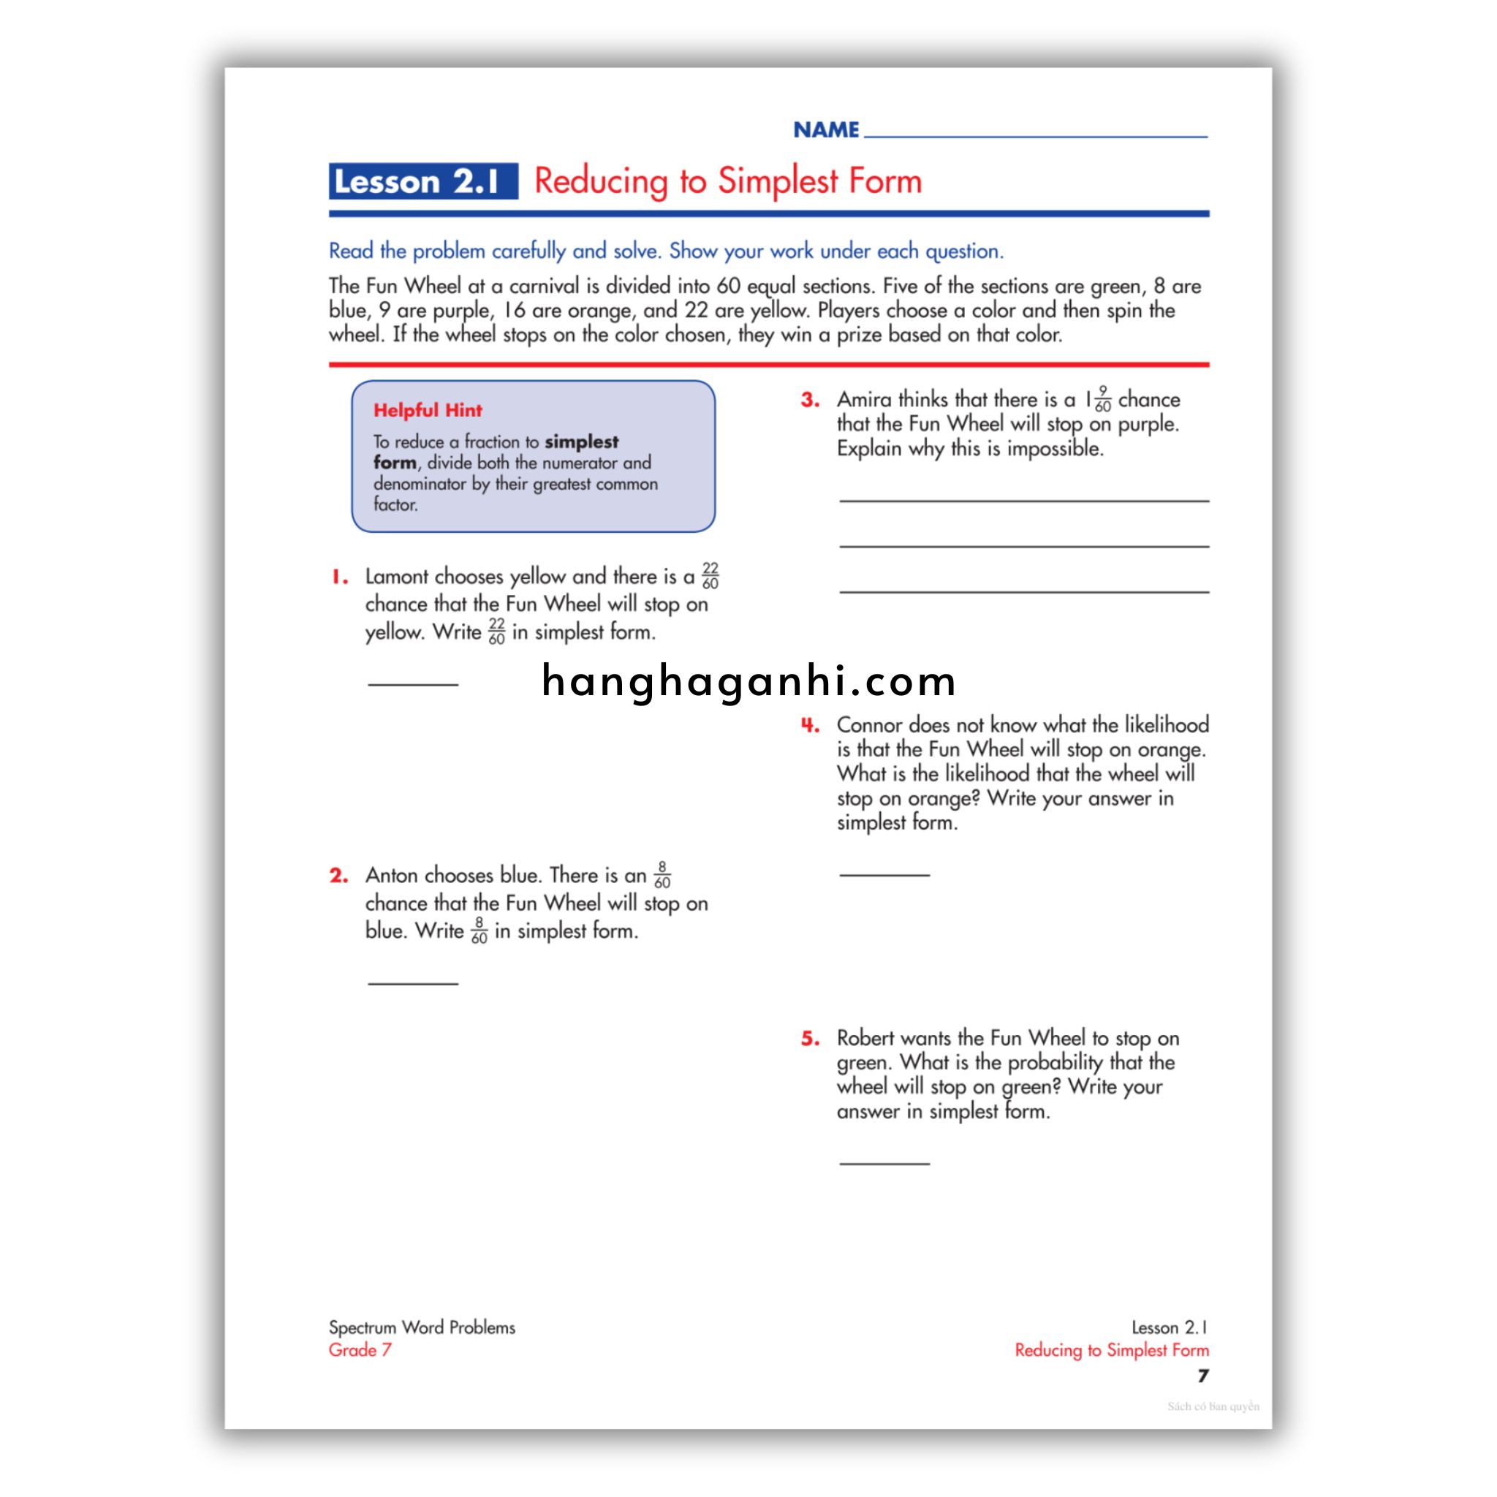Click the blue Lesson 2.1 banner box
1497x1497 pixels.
click(x=422, y=181)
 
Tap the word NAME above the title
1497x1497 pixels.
click(x=826, y=129)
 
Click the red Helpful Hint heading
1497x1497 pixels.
click(x=427, y=410)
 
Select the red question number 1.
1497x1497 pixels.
click(x=339, y=577)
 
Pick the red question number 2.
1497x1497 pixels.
click(x=338, y=876)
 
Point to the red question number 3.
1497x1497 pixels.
click(x=810, y=400)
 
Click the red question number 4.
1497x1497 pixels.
click(x=810, y=725)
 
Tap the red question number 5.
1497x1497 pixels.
click(x=810, y=1038)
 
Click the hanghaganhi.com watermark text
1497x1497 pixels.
click(x=748, y=682)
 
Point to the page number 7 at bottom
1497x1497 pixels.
click(x=1202, y=1376)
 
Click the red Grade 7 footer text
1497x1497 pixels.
click(x=360, y=1350)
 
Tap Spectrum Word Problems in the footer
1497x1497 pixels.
click(x=422, y=1327)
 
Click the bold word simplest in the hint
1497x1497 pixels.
click(x=581, y=441)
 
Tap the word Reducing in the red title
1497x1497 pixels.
click(x=601, y=181)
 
